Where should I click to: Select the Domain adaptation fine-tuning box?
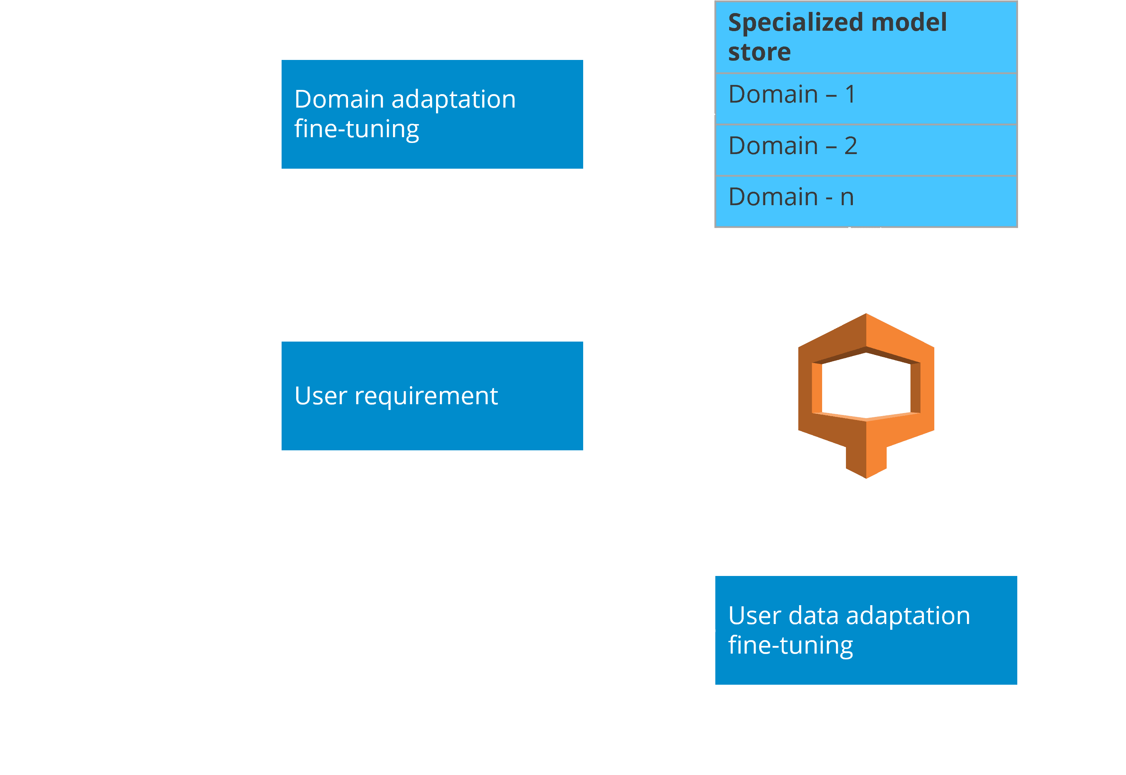click(x=432, y=114)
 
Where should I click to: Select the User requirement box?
click(x=432, y=396)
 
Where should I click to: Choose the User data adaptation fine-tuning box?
click(x=866, y=630)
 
